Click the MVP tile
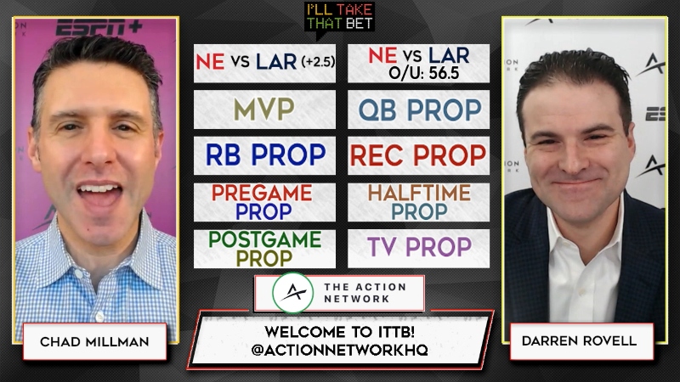pyautogui.click(x=264, y=110)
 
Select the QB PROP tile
pyautogui.click(x=418, y=110)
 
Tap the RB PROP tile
pyautogui.click(x=264, y=155)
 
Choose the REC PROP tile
pyautogui.click(x=418, y=155)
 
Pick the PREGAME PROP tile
pyautogui.click(x=264, y=202)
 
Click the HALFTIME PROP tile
pyautogui.click(x=418, y=202)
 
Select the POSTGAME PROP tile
pyautogui.click(x=264, y=249)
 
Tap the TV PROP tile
pyautogui.click(x=418, y=249)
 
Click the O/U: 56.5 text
pyautogui.click(x=423, y=73)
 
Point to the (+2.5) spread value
pyautogui.click(x=318, y=62)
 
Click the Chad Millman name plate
pyautogui.click(x=94, y=342)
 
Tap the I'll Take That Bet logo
pyautogui.click(x=339, y=17)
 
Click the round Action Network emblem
pyautogui.click(x=293, y=293)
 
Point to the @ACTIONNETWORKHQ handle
pyautogui.click(x=339, y=350)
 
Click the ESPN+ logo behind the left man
pyautogui.click(x=99, y=27)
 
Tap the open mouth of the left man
pyautogui.click(x=99, y=194)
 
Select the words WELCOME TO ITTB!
pyautogui.click(x=339, y=332)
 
